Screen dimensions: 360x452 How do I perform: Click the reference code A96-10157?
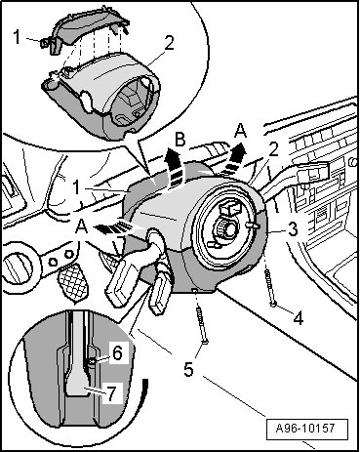click(306, 428)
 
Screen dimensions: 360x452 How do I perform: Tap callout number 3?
click(294, 229)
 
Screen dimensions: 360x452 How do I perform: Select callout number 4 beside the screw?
click(299, 317)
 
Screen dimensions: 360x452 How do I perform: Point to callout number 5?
click(188, 369)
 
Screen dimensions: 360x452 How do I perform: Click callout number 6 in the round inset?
click(117, 352)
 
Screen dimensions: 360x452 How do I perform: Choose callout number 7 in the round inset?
click(111, 393)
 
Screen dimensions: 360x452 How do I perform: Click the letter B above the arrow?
click(180, 139)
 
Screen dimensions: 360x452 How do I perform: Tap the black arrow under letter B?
click(175, 168)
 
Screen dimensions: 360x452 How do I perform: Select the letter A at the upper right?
click(240, 131)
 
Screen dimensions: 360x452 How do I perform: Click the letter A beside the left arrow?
click(81, 226)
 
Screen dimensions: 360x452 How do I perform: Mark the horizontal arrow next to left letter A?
click(117, 226)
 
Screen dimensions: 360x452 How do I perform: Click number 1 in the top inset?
click(18, 36)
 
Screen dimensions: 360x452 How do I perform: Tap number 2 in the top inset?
click(169, 43)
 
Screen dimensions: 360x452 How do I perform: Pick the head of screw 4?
click(273, 305)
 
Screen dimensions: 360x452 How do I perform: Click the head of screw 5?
click(205, 342)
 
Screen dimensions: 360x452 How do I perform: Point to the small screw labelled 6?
click(92, 361)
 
